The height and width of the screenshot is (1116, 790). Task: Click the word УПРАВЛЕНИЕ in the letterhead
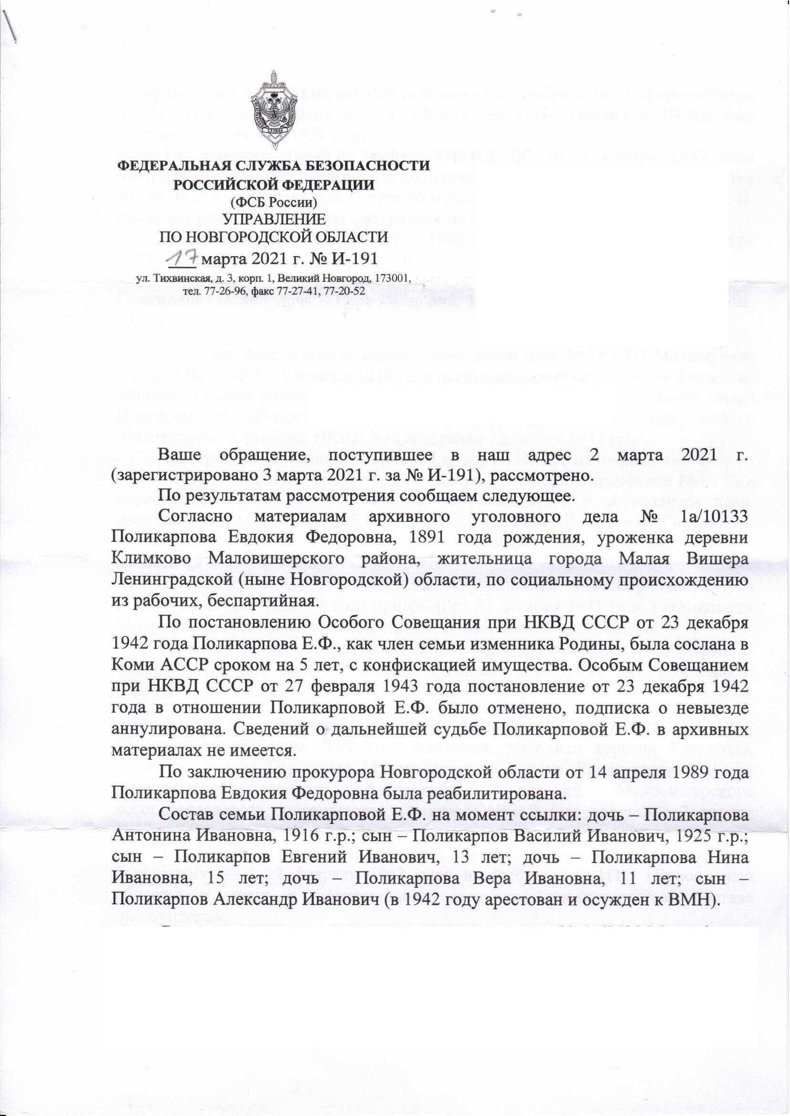click(x=275, y=219)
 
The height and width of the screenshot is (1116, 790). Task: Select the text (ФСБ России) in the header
click(x=275, y=201)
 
